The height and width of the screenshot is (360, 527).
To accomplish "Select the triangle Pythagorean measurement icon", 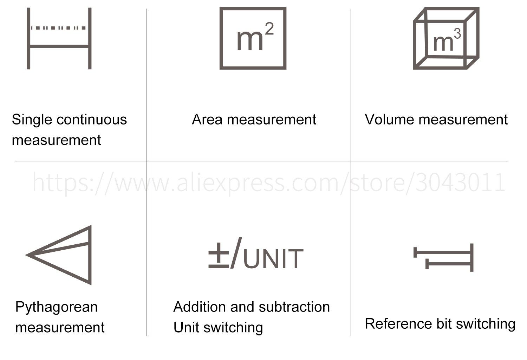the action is (x=90, y=256).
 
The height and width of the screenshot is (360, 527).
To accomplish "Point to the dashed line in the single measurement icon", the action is (x=58, y=28).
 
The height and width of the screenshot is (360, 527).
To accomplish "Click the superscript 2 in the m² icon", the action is (x=269, y=28).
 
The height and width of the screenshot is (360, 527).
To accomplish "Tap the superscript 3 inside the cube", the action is (x=457, y=34).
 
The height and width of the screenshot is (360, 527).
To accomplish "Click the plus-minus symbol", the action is (x=219, y=256).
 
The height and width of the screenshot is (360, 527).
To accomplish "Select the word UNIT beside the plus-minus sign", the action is (x=273, y=259).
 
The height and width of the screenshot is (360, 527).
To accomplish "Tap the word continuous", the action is (x=92, y=120).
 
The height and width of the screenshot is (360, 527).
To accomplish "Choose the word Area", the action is (x=207, y=120).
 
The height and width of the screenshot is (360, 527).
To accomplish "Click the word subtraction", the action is (x=294, y=307).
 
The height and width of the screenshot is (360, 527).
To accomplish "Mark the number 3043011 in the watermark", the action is (x=460, y=182).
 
